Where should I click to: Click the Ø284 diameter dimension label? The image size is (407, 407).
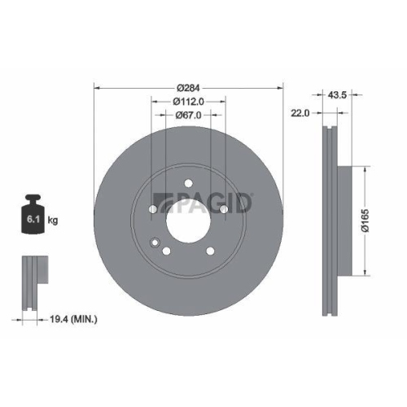[x=188, y=88]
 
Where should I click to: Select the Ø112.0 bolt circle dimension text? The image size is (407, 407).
[x=188, y=102]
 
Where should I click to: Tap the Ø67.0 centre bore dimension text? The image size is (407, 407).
[x=188, y=115]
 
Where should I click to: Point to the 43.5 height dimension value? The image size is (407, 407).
[x=337, y=95]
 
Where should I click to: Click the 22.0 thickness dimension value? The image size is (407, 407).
[x=300, y=113]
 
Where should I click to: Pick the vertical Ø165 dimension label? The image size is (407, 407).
[x=365, y=221]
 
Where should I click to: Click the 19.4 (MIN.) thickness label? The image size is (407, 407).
[x=73, y=319]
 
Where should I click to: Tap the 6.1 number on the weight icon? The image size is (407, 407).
[x=33, y=219]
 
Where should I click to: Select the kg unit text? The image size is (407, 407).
[x=53, y=220]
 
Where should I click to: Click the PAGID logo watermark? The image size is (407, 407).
[x=203, y=203]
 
